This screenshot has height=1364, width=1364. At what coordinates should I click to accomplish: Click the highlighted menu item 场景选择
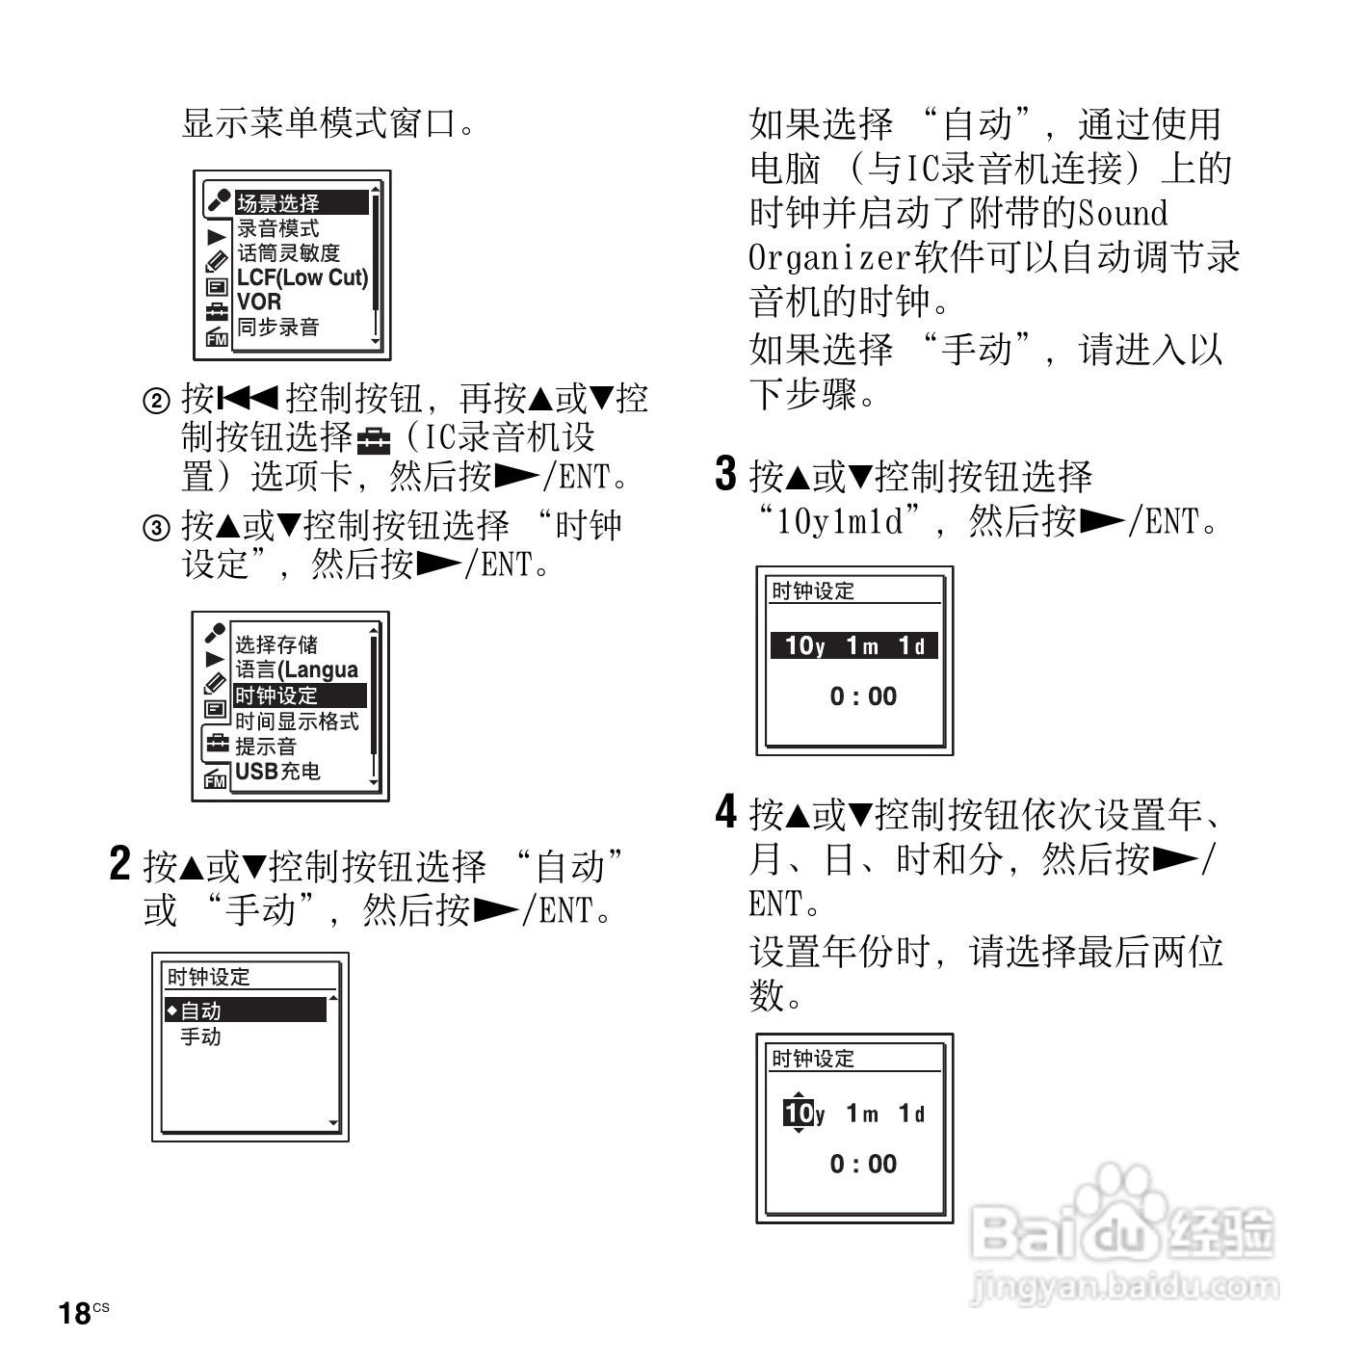pos(301,203)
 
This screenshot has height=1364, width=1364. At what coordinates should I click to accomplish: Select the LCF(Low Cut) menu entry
pos(302,277)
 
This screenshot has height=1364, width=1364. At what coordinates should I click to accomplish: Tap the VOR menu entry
pos(259,302)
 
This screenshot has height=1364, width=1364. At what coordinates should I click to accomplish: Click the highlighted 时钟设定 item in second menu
pos(299,695)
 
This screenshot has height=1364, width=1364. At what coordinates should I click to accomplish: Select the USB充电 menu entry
pos(277,771)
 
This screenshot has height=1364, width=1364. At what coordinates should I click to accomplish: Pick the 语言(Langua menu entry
pos(297,669)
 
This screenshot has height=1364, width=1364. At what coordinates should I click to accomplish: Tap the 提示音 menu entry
pos(266,747)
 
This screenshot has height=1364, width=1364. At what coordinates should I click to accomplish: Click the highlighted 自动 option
pos(247,1010)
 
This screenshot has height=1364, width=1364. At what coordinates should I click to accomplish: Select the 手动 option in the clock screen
pos(200,1036)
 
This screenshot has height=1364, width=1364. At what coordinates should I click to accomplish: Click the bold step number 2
pos(119,864)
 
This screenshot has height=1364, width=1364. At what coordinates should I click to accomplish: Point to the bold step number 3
pos(725,474)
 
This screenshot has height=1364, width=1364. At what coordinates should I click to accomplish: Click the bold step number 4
pos(725,812)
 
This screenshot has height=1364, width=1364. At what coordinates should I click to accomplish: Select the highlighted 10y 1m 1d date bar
pos(854,645)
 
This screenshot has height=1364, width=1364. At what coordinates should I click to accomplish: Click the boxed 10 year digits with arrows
pos(799,1114)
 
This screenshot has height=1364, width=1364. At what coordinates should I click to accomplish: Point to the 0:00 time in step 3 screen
pos(863,696)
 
